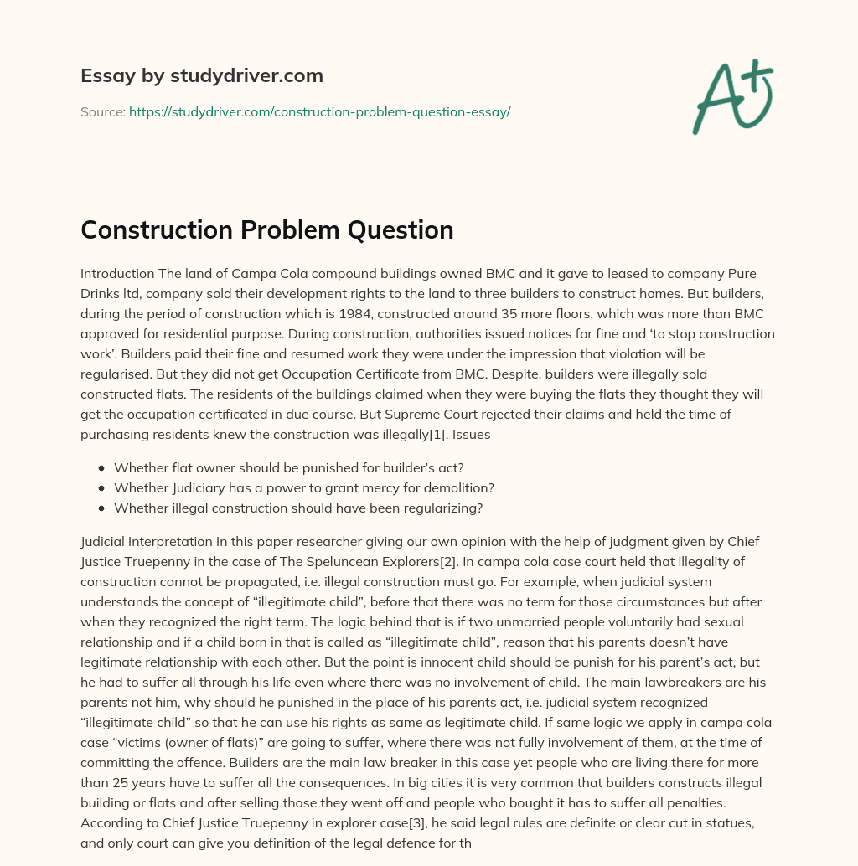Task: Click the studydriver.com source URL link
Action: tap(319, 111)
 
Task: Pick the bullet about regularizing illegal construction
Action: tap(298, 508)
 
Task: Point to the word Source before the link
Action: tap(102, 111)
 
